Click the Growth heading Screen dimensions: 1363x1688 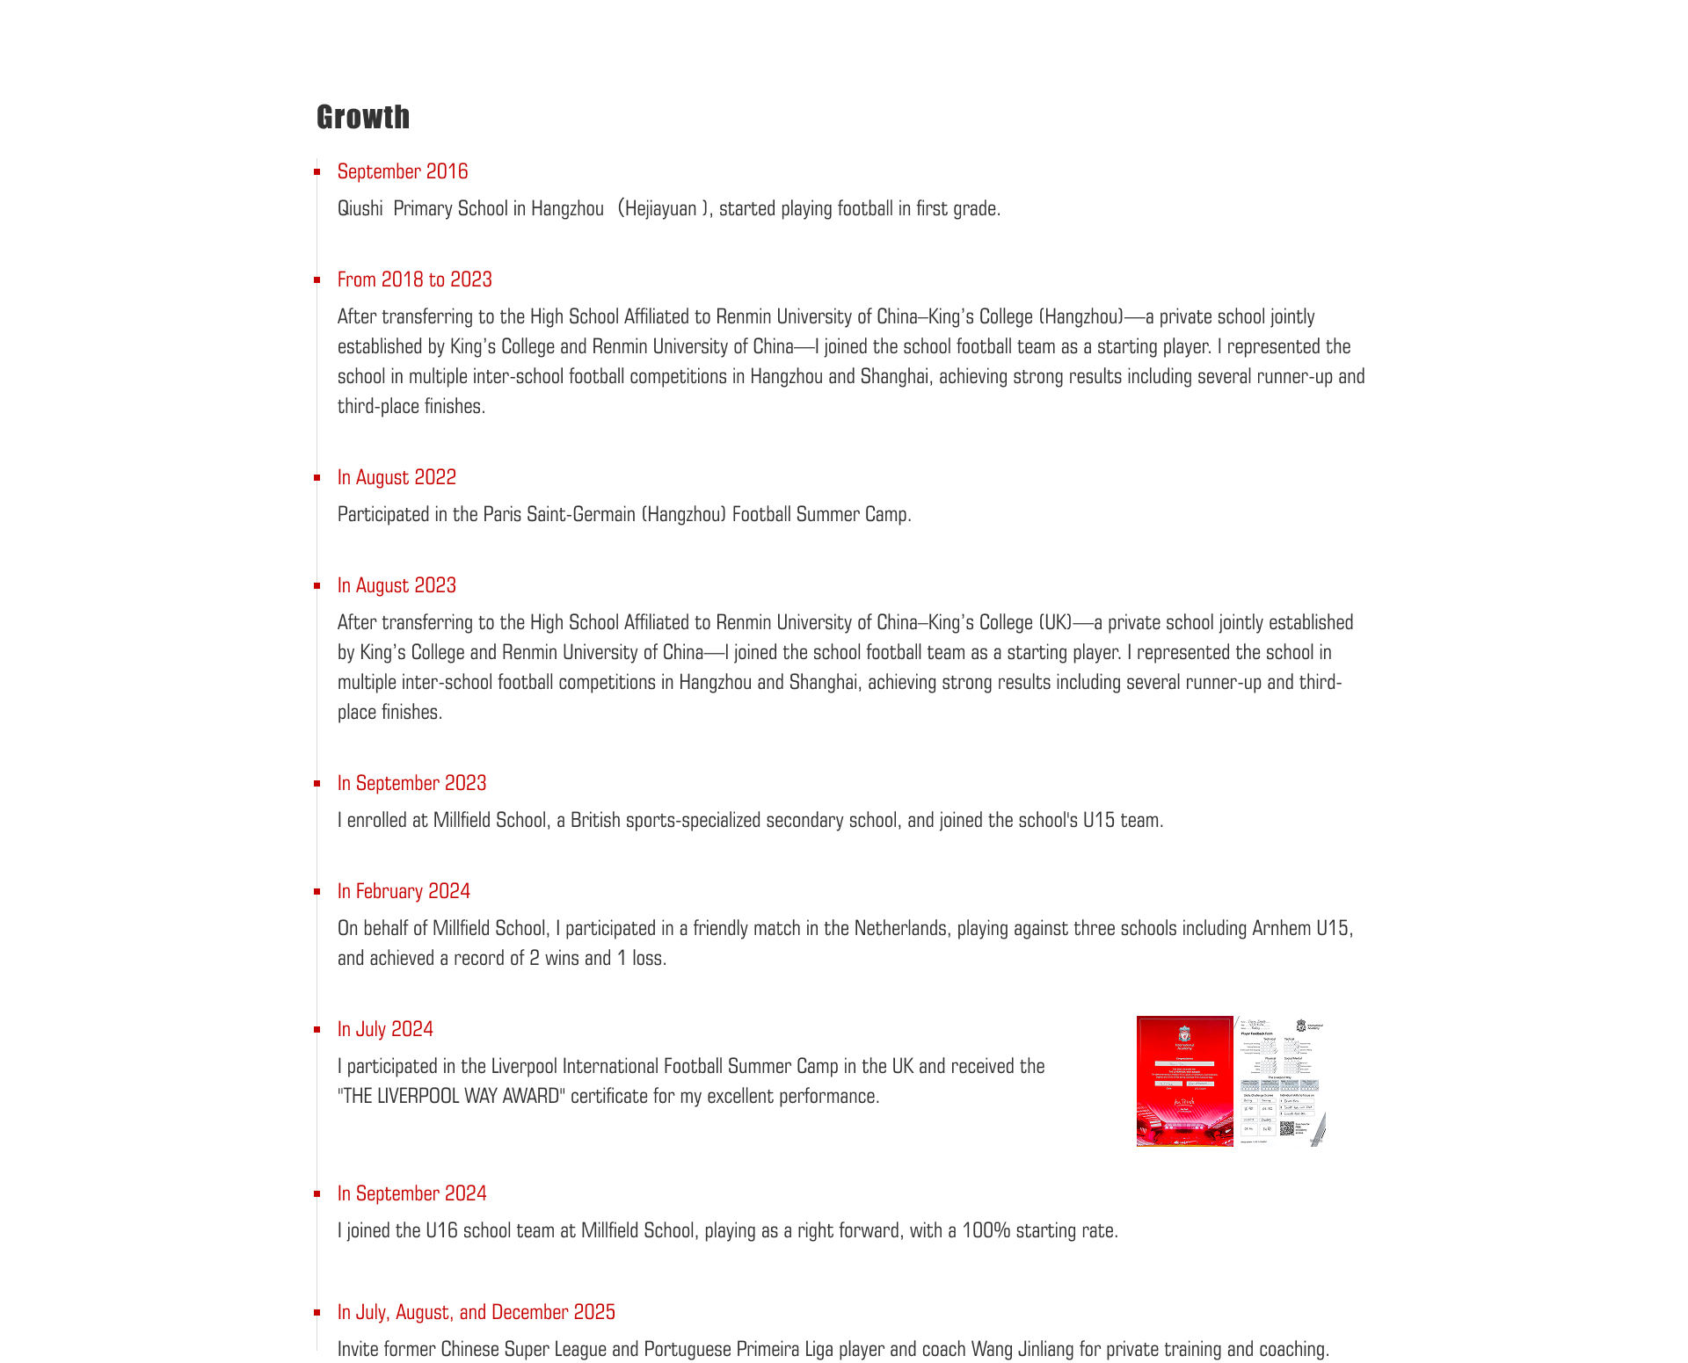coord(363,118)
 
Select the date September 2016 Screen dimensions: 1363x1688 coord(403,171)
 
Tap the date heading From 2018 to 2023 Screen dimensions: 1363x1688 coord(415,279)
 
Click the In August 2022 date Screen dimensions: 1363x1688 coord(397,477)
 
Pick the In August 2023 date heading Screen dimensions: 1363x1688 coord(397,585)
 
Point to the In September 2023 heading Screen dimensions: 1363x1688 coord(411,783)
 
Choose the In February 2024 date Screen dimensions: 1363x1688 coord(404,891)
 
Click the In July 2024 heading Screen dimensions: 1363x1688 coord(385,1029)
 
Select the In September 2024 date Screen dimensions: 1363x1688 coord(411,1193)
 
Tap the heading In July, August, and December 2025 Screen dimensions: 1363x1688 coord(476,1312)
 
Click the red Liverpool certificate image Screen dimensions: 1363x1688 coord(1184,1082)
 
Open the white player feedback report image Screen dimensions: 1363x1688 coord(1280,1082)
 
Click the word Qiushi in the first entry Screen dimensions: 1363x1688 coord(360,209)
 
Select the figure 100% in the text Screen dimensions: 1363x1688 coord(986,1231)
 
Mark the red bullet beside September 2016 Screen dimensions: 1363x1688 coord(316,171)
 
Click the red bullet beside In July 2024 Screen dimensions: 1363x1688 coord(316,1029)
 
